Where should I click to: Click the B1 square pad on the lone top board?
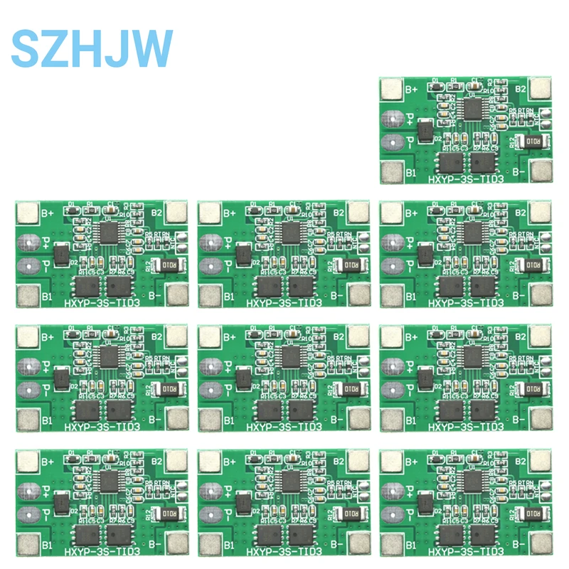pos(391,171)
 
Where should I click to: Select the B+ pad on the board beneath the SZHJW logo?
pos(27,212)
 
